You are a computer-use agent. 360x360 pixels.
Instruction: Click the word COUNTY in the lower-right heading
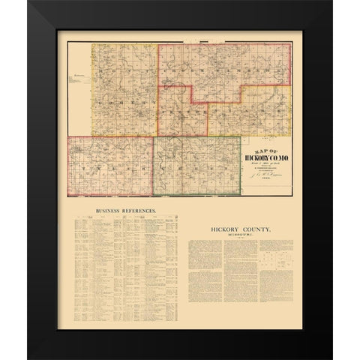coord(263,226)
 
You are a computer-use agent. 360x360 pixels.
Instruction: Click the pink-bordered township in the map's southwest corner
coord(109,169)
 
